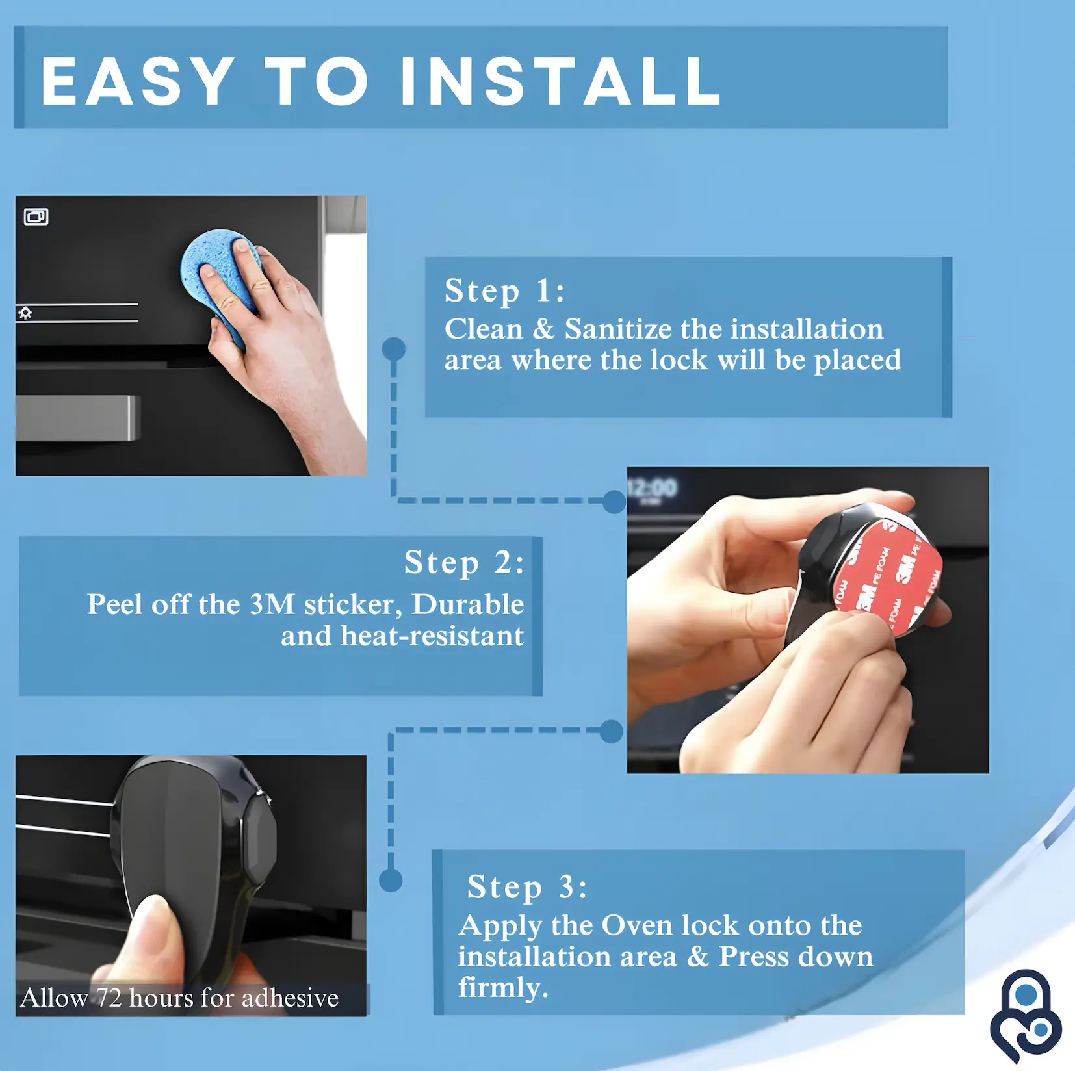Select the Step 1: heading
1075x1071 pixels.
coord(504,290)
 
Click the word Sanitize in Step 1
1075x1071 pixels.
coord(617,329)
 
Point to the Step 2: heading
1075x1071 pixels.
coord(463,563)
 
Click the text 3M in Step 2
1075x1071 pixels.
coord(272,604)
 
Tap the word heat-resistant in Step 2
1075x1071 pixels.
coord(432,636)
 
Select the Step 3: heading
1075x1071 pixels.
coord(527,887)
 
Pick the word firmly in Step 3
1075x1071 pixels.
coord(503,988)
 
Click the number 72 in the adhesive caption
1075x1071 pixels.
coord(109,998)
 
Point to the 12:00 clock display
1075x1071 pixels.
coord(652,487)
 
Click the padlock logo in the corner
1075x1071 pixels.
coord(1026,1014)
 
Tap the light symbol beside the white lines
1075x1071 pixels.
coord(25,313)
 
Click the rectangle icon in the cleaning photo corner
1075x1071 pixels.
coord(36,216)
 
